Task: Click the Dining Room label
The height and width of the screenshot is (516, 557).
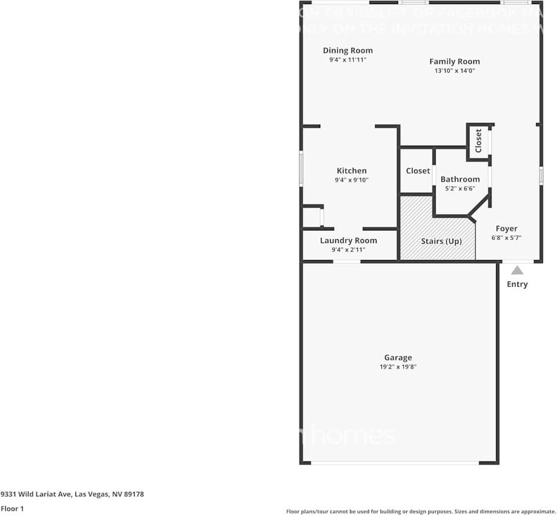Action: click(348, 50)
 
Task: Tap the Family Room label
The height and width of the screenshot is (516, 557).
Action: click(454, 61)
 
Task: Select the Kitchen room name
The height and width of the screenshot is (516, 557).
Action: click(352, 171)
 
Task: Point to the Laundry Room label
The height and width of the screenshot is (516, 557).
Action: click(348, 240)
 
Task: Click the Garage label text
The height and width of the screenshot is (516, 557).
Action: click(398, 358)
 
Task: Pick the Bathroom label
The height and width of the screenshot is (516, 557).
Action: click(460, 179)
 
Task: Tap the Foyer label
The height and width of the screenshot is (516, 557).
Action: click(506, 229)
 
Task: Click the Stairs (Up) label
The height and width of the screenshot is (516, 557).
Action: click(441, 241)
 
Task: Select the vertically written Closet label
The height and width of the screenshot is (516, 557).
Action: click(478, 141)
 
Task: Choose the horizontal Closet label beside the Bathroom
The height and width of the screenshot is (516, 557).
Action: click(418, 171)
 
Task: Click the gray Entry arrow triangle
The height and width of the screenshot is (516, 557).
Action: click(517, 270)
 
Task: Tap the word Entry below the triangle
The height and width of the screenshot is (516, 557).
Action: click(517, 284)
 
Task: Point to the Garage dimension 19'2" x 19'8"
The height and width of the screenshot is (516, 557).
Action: click(398, 367)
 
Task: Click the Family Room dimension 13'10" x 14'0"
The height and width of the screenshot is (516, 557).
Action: click(454, 71)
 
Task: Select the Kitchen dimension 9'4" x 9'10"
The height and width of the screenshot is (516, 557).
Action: click(352, 180)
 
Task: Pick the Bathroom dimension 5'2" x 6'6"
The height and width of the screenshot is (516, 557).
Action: click(460, 188)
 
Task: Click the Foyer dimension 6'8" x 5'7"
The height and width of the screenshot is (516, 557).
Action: click(506, 238)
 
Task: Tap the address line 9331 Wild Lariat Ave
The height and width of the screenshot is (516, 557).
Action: click(72, 494)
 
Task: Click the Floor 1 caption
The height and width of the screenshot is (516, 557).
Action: click(12, 508)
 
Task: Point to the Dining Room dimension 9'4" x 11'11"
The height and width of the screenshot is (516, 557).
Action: click(348, 60)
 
